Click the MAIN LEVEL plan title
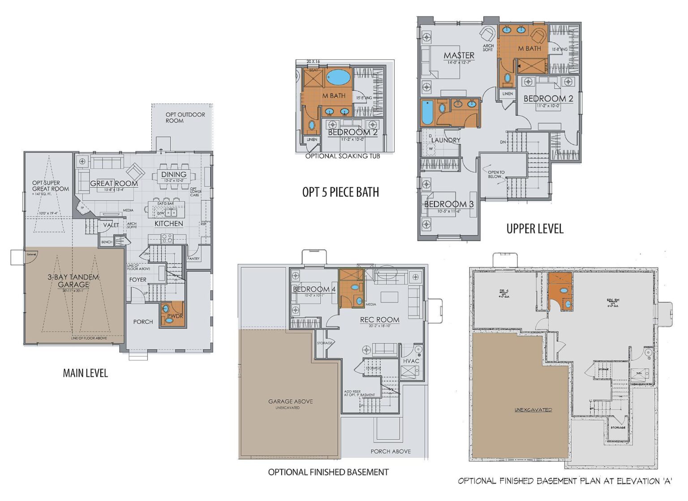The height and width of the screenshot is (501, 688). pos(85,373)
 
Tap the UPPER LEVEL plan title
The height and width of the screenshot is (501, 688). pos(534,229)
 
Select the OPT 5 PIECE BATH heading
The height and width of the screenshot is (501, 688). pos(340,192)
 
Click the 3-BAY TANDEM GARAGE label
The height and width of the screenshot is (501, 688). pos(73,281)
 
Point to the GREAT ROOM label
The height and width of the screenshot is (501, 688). pos(114,183)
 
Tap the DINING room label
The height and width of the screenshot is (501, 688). pos(174,174)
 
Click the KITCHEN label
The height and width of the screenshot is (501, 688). pos(168,223)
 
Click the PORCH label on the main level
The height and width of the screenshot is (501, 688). pos(143,322)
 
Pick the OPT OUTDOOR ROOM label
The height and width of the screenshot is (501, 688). pos(185,117)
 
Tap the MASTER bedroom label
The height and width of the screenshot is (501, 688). pos(459,55)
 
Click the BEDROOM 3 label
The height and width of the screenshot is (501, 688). pos(448,204)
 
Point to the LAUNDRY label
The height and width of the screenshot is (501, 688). pos(446,140)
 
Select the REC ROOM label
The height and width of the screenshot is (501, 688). pos(379,320)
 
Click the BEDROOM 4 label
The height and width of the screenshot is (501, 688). pos(314,289)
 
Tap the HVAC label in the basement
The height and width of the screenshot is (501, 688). pos(411,361)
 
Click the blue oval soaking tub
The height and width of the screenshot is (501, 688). pos(338,77)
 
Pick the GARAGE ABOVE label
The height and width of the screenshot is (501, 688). pos(290,402)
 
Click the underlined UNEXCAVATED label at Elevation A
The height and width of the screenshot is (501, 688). pos(533,410)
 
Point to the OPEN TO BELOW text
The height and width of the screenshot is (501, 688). pos(496,174)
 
